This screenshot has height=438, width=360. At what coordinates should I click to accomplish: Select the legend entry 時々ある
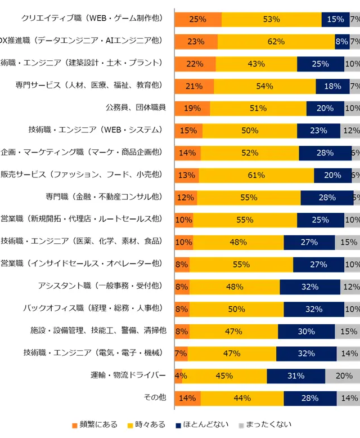pyautogui.click(x=150, y=424)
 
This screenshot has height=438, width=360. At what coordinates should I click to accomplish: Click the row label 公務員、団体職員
pyautogui.click(x=136, y=108)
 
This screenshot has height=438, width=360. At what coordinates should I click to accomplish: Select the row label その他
pyautogui.click(x=155, y=397)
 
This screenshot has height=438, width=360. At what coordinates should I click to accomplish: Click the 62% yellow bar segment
pyautogui.click(x=276, y=41)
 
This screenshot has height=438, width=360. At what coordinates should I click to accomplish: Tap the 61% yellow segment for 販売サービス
pyautogui.click(x=256, y=175)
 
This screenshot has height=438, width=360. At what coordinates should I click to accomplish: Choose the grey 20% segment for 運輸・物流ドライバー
pyautogui.click(x=343, y=376)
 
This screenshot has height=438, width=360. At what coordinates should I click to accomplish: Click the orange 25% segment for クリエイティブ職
pyautogui.click(x=198, y=19)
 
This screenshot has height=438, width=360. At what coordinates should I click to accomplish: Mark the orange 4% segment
pyautogui.click(x=178, y=376)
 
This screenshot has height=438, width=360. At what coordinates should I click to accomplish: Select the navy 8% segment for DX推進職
pyautogui.click(x=342, y=41)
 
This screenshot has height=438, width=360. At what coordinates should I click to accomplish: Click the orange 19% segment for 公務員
pyautogui.click(x=192, y=108)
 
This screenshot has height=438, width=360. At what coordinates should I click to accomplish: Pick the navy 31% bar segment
pyautogui.click(x=296, y=376)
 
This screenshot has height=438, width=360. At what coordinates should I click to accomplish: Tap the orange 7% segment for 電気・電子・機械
pyautogui.click(x=181, y=353)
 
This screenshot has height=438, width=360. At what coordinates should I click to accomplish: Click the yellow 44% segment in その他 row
pyautogui.click(x=242, y=397)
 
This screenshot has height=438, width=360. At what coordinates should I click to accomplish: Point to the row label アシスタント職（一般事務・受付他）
pyautogui.click(x=100, y=286)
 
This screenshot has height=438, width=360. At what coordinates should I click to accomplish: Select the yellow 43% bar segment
pyautogui.click(x=256, y=64)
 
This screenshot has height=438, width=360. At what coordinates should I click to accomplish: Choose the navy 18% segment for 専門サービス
pyautogui.click(x=332, y=86)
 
